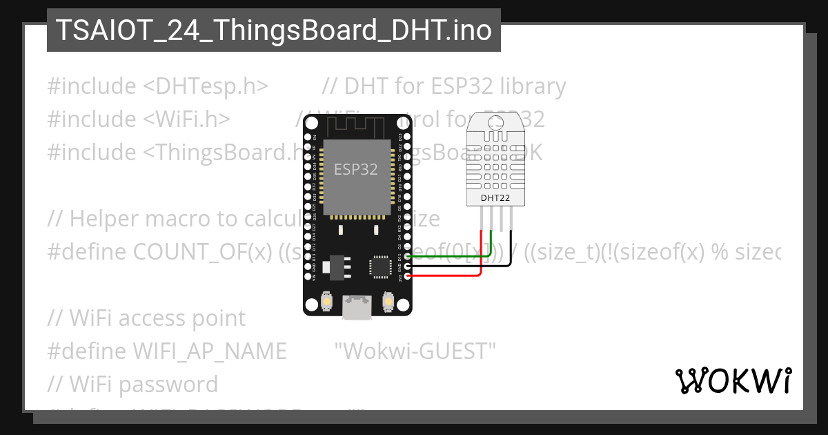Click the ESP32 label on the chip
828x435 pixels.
(356, 169)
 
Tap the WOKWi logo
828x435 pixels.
(733, 380)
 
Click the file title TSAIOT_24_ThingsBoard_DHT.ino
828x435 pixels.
(274, 30)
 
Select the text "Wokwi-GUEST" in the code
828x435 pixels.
(415, 351)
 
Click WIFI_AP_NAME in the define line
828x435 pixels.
(209, 351)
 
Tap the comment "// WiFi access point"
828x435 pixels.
(146, 318)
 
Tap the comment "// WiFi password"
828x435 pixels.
(132, 385)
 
